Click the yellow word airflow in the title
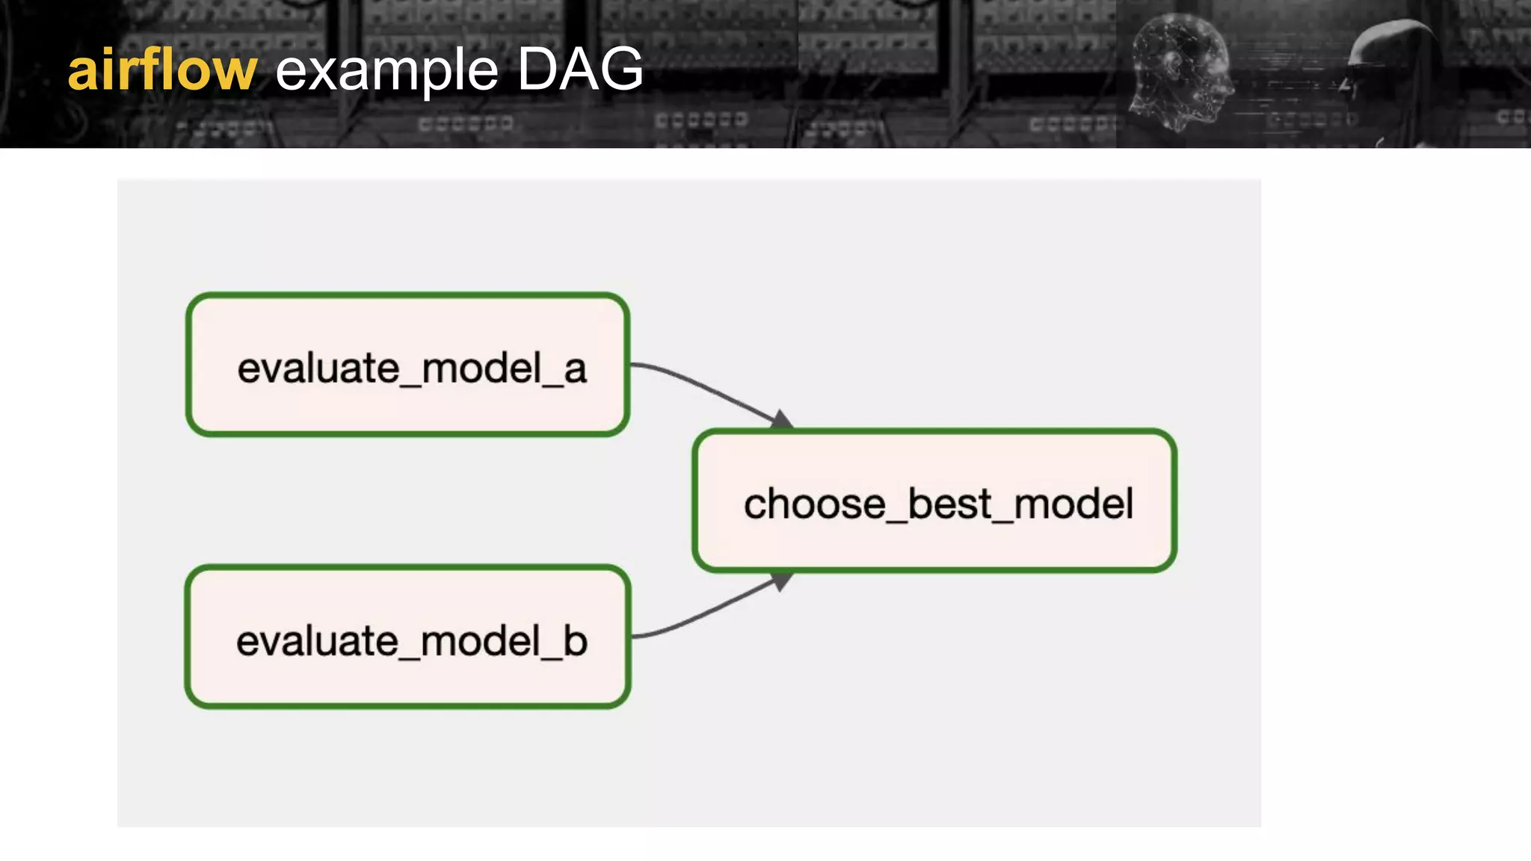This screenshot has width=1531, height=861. [162, 70]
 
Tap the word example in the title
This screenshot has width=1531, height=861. [386, 72]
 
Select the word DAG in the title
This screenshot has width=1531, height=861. [579, 69]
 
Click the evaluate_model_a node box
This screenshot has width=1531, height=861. [407, 364]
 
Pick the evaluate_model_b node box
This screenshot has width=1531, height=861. [407, 637]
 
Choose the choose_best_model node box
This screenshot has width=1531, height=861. [934, 501]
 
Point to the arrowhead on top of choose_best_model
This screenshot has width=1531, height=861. [782, 420]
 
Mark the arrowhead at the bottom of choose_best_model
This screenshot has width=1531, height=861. [782, 581]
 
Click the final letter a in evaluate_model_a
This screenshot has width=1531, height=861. [575, 369]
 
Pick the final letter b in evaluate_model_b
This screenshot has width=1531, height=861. [575, 641]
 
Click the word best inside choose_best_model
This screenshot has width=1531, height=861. [949, 504]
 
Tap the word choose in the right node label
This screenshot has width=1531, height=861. [814, 504]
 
